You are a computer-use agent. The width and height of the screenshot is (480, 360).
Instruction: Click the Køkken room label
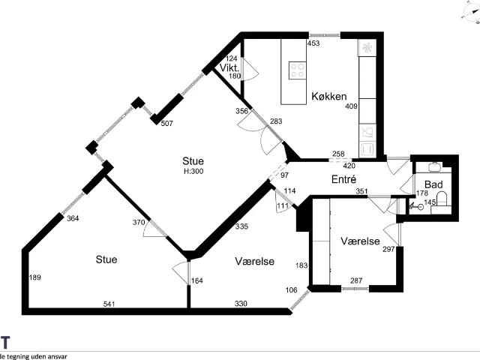click(x=329, y=96)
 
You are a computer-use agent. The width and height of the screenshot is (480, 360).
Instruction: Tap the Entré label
click(x=343, y=179)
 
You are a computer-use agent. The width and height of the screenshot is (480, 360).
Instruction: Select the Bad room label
click(x=433, y=184)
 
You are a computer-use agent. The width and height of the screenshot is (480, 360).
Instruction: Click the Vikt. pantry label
click(x=229, y=67)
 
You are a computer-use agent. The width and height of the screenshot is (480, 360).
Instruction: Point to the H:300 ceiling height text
click(x=193, y=171)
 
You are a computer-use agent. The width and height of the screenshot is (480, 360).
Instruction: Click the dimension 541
click(x=109, y=304)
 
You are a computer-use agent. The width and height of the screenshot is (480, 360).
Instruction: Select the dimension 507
click(x=166, y=123)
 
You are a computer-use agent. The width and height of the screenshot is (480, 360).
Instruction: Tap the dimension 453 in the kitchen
click(x=313, y=43)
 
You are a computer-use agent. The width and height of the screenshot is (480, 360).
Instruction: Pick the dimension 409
click(x=351, y=106)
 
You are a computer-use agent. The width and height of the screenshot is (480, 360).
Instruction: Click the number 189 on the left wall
click(x=35, y=277)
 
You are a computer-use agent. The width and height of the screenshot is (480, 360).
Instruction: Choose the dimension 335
click(x=241, y=226)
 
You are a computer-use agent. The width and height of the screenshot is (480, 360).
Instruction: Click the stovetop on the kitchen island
click(x=298, y=70)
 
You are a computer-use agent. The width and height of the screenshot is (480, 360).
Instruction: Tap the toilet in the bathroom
click(x=442, y=199)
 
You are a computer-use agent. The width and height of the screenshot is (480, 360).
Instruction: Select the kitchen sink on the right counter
click(x=367, y=133)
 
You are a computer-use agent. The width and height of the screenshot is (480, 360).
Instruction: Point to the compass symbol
click(x=472, y=12)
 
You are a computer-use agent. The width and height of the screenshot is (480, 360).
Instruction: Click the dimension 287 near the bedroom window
click(x=356, y=280)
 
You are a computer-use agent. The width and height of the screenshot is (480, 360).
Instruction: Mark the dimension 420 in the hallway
click(x=349, y=166)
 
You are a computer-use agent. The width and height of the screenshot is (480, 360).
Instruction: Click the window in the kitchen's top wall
click(x=324, y=35)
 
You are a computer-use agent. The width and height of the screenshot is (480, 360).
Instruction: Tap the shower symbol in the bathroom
click(x=416, y=206)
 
